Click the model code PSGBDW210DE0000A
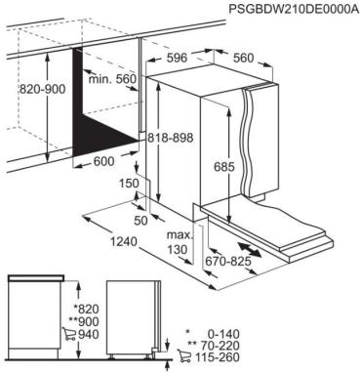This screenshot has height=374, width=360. pos(290,9)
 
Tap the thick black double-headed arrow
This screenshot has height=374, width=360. pos(257,242)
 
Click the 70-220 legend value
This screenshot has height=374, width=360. pos(325,346)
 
